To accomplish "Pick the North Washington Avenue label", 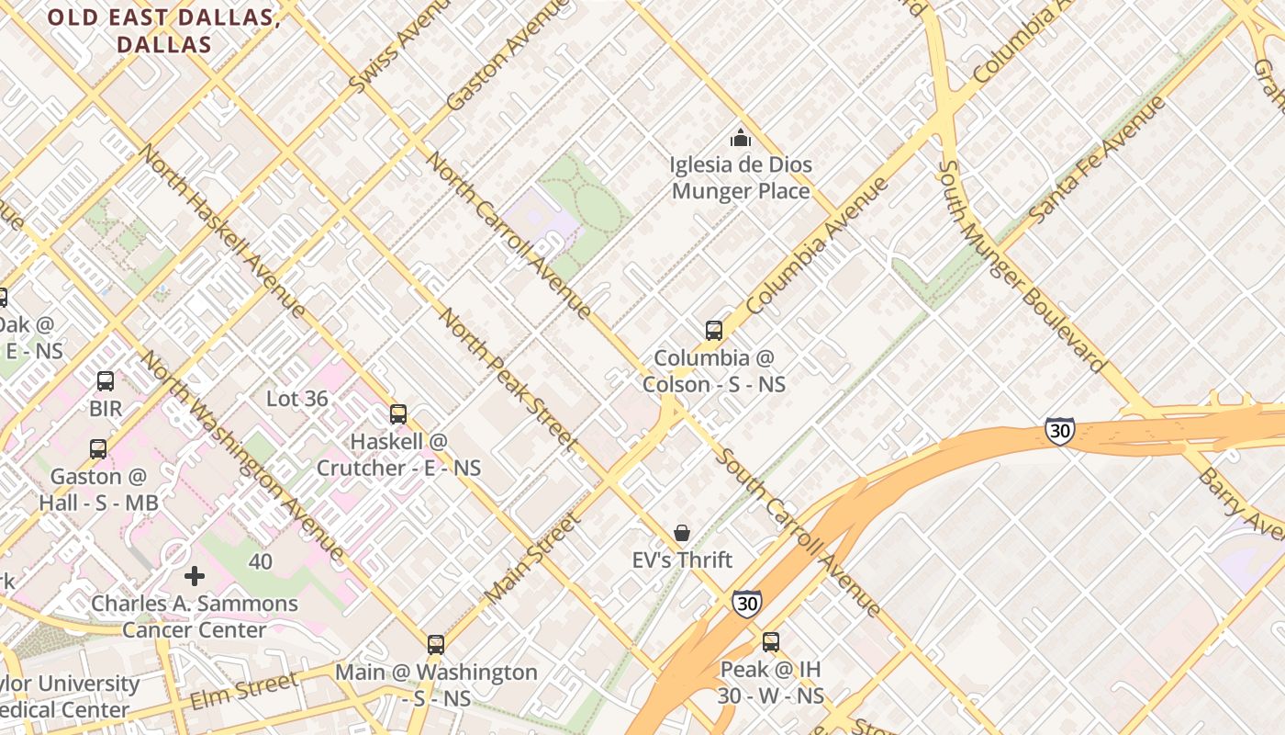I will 243,456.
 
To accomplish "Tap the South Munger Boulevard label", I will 1021,266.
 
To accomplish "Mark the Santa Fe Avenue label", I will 1097,158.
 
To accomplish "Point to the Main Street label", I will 532,559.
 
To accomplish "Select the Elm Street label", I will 244,691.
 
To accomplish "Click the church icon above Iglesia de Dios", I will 740,139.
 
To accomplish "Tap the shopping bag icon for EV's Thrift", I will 682,533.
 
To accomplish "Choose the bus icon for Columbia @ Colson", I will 714,331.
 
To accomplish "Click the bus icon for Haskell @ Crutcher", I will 398,414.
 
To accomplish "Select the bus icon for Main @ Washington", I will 436,645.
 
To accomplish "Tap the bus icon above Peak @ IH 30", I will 771,642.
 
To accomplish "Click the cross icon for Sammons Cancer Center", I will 195,576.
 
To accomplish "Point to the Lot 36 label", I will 296,399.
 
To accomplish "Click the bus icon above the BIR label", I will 106,381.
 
